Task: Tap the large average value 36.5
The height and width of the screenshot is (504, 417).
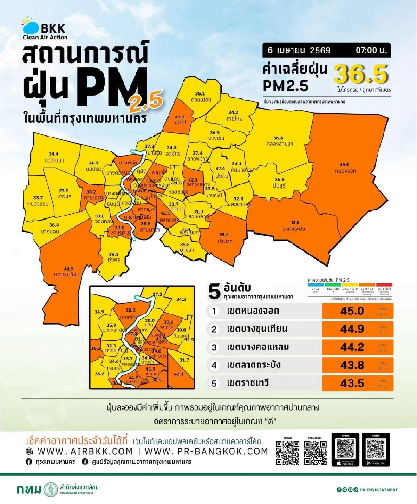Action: point(360,74)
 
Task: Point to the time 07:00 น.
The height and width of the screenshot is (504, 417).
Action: point(371,50)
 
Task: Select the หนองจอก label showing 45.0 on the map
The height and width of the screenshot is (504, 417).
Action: point(345,168)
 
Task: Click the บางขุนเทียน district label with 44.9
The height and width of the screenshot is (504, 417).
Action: point(67,272)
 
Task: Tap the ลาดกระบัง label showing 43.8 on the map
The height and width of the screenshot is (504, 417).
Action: point(294,226)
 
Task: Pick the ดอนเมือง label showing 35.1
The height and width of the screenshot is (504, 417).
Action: point(200,97)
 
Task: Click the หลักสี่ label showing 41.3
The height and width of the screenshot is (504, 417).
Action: point(179,120)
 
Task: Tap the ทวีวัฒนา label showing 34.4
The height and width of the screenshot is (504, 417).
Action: point(54,157)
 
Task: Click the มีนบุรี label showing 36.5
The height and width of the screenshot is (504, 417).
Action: point(279,182)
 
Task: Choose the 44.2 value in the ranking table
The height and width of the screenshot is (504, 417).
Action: point(352,347)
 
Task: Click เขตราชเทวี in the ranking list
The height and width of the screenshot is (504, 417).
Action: point(247,383)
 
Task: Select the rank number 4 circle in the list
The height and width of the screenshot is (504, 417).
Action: point(214,365)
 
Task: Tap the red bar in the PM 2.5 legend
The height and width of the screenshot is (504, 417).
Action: point(384,285)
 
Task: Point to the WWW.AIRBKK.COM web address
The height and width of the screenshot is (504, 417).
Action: point(85,451)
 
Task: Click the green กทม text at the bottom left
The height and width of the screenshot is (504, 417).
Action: point(28,489)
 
